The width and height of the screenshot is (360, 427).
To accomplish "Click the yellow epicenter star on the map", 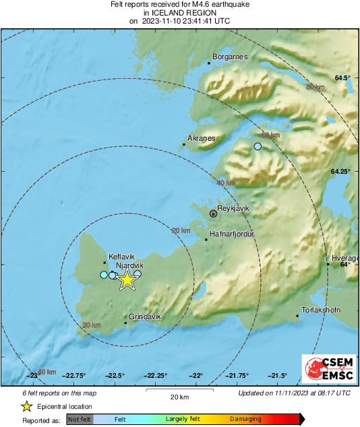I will pos(127,280).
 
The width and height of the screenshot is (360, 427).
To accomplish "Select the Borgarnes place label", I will pos(230,57).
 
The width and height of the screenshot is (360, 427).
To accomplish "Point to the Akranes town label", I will pos(201,138).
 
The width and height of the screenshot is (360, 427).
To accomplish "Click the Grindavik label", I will pos(145,317).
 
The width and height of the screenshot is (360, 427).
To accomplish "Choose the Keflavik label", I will pos(122,257).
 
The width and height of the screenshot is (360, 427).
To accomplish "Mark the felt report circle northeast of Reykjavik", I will pos(258,146).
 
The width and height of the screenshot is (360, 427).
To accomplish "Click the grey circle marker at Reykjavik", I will pos(214,213).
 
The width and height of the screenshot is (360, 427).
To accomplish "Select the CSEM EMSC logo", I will pos(328,370).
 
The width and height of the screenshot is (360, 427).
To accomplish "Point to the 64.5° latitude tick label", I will pos(343,79).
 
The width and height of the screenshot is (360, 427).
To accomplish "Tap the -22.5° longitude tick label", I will pos(115,376).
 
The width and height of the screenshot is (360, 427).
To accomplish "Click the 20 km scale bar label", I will pos(179,397).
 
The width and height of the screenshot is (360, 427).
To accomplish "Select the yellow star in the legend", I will pos(26,406).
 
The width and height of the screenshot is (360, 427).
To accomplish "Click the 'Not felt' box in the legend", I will pos(78,419).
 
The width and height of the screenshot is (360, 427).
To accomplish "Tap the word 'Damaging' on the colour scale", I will pos(245,419).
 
